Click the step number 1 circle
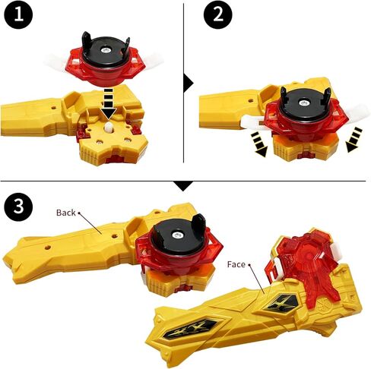click(17, 16)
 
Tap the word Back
click(66, 213)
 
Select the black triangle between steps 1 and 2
click(188, 81)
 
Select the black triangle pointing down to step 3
click(184, 186)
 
